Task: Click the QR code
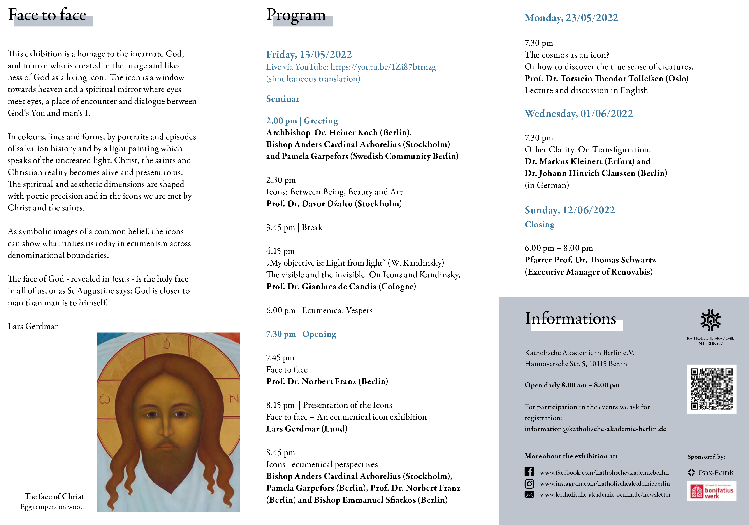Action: pos(712,389)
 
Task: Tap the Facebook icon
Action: pos(529,472)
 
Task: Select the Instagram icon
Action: pos(529,484)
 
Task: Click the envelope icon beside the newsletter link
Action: pos(529,495)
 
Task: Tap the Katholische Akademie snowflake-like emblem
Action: pos(710,320)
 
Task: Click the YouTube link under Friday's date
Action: pos(383,67)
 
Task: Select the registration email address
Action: pos(595,429)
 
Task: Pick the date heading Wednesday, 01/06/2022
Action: pos(579,114)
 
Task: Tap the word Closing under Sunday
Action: pos(540,224)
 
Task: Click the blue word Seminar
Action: pos(283,99)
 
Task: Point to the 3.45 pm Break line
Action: pos(294,227)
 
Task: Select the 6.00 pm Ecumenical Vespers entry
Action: pos(319,310)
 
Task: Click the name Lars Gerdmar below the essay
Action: pos(33,326)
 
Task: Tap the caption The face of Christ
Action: pos(54,496)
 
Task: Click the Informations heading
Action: pos(570,318)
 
